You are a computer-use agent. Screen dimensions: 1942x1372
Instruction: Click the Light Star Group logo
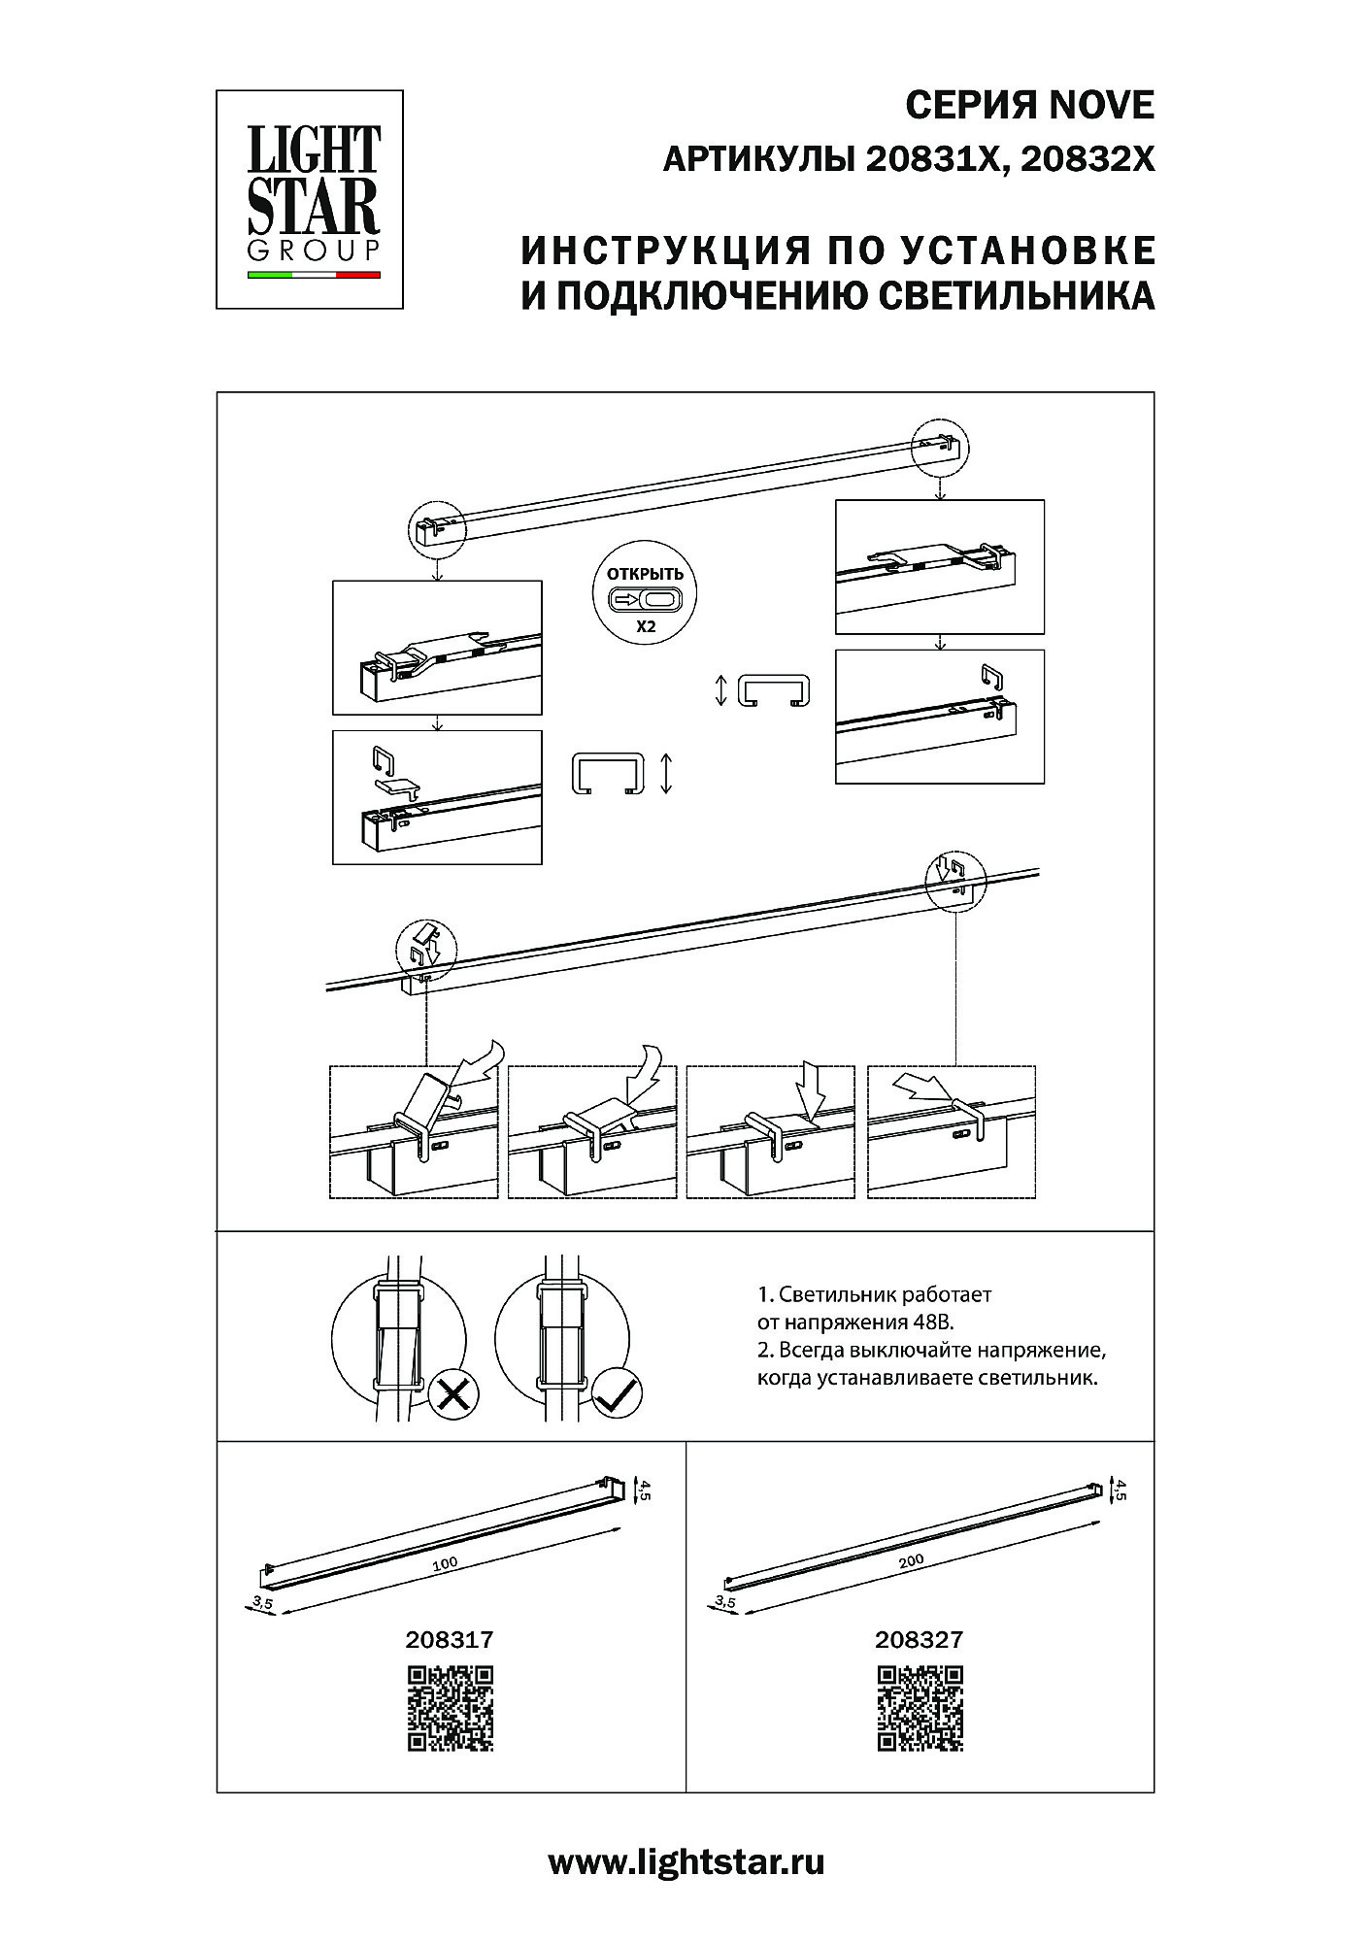[x=310, y=199]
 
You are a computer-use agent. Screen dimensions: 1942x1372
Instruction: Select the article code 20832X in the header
[x=1088, y=159]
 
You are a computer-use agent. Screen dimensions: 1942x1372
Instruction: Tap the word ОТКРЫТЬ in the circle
[x=645, y=574]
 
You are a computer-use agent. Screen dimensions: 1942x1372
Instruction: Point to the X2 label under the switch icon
[x=646, y=627]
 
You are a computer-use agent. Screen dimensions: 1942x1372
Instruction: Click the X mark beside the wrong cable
[x=452, y=1396]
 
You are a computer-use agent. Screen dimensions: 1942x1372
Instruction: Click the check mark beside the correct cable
[x=616, y=1396]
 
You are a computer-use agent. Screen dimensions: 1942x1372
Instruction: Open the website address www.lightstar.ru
[x=686, y=1861]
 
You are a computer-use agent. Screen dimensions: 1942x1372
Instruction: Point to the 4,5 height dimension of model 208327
[x=1121, y=1490]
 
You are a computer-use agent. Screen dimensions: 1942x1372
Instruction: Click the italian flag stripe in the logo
[x=314, y=275]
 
